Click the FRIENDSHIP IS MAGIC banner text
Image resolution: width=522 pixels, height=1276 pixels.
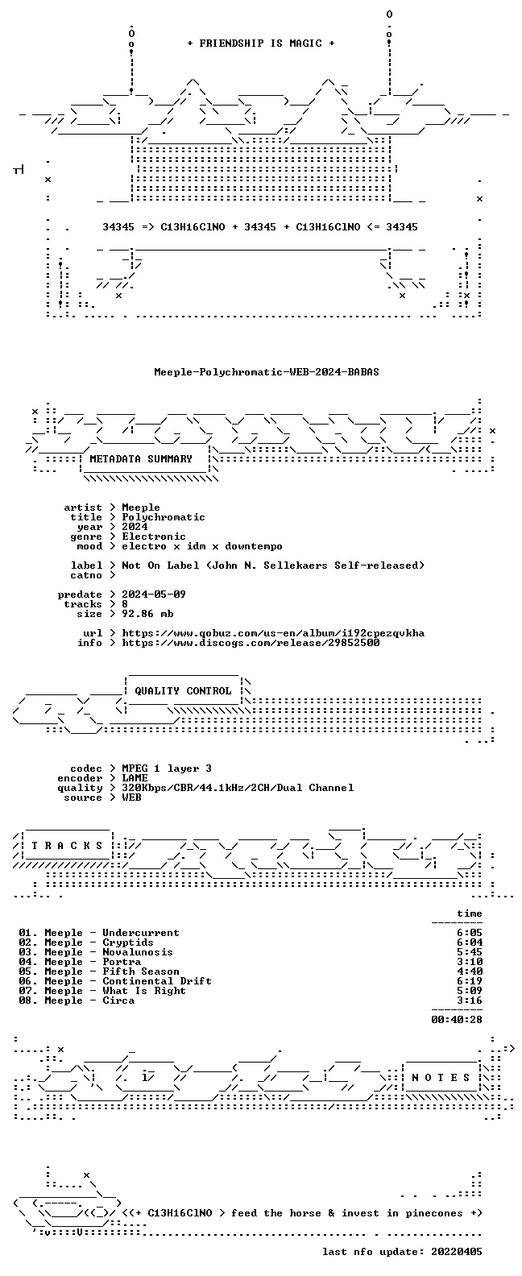260,43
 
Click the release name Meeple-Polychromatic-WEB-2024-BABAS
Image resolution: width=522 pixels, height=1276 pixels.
266,372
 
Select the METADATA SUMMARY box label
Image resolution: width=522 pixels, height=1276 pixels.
141,459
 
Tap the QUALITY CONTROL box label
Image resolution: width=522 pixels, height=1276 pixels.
183,691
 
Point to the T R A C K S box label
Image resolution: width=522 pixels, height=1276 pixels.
67,846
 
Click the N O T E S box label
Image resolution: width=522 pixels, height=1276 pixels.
441,1078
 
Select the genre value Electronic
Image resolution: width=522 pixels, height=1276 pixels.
154,536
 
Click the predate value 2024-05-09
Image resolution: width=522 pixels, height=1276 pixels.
154,594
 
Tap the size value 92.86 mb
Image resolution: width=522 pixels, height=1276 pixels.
147,614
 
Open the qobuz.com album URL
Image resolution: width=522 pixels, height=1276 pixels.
273,633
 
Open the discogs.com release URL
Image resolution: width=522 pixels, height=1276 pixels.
251,643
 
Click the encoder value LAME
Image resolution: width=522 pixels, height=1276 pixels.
135,778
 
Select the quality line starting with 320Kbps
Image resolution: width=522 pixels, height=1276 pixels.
238,788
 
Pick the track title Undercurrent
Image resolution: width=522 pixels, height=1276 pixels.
141,933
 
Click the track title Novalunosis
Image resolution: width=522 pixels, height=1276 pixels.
137,952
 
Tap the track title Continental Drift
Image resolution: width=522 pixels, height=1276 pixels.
157,981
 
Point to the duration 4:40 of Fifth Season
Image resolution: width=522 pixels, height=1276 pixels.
470,971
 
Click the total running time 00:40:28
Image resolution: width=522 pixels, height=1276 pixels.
457,1020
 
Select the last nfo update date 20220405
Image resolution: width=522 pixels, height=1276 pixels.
457,1252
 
